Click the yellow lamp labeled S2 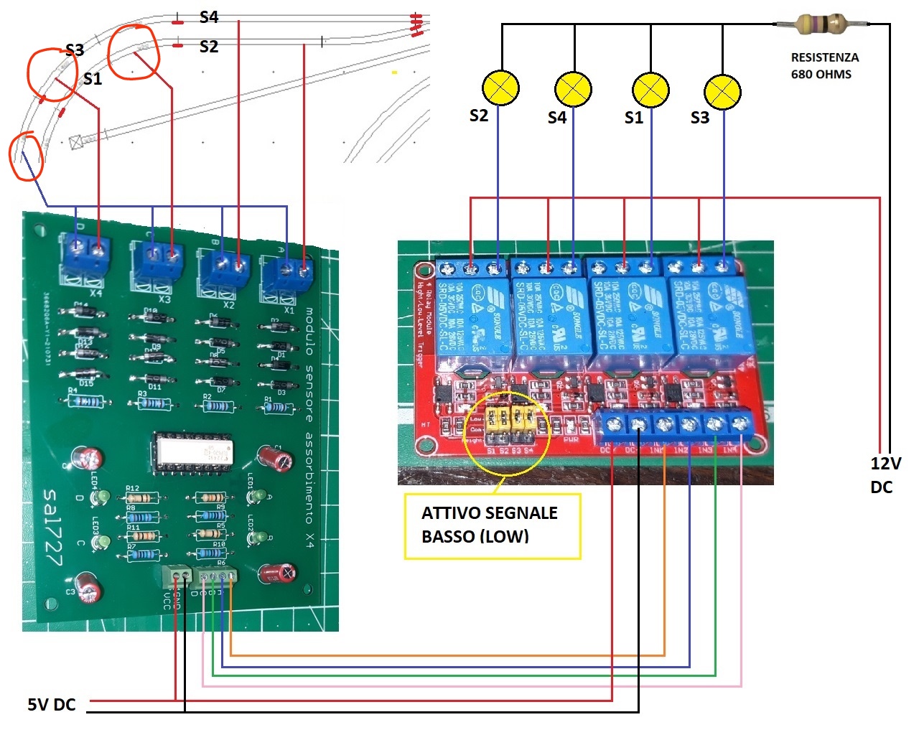500,88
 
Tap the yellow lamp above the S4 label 573,90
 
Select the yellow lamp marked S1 650,90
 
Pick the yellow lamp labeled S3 722,92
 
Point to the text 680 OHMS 821,74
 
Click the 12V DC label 884,475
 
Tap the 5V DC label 52,705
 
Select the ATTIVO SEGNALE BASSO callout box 492,525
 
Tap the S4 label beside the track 209,17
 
